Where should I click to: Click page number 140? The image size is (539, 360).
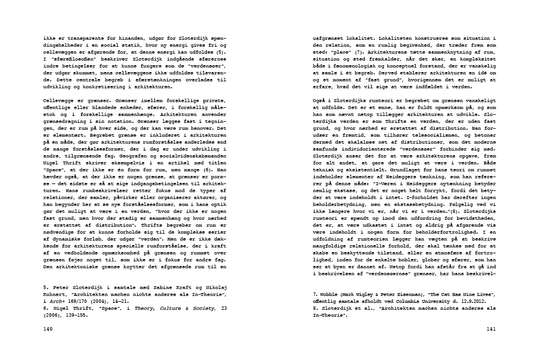[48, 328]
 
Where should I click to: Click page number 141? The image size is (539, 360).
[491, 328]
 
